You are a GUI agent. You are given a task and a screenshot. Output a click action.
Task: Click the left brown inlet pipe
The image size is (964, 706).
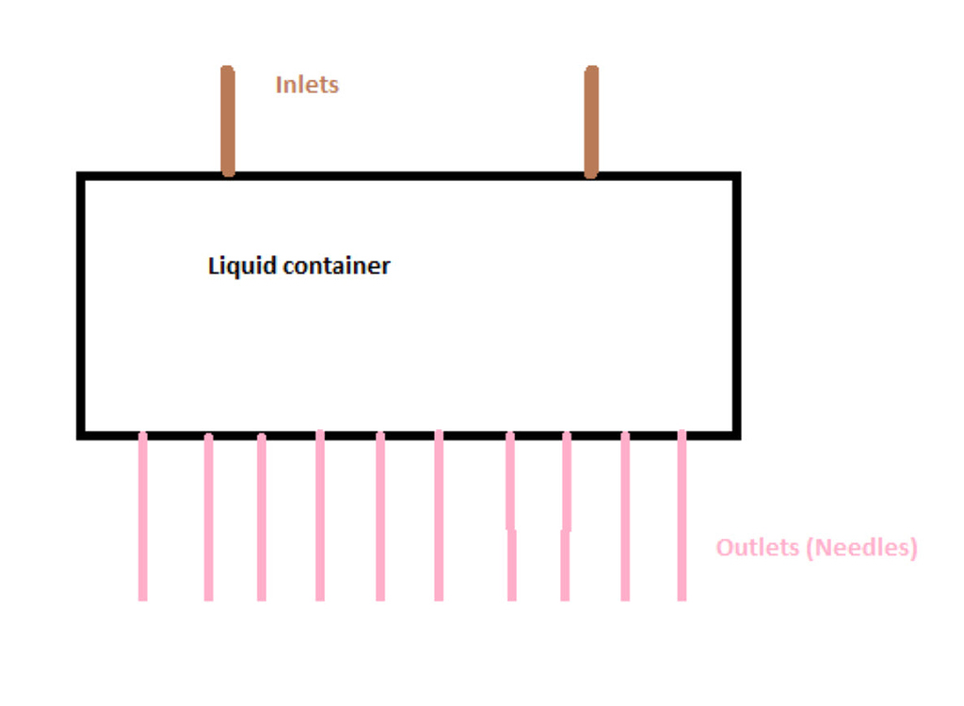tap(227, 120)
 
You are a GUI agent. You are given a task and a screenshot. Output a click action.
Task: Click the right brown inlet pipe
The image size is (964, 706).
tap(591, 120)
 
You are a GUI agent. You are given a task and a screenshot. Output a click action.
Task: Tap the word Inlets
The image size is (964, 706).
tap(307, 85)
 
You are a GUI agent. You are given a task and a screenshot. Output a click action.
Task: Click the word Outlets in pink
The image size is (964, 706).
tap(761, 547)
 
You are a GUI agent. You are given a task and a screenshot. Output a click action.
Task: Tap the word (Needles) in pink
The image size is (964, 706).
tap(864, 547)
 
